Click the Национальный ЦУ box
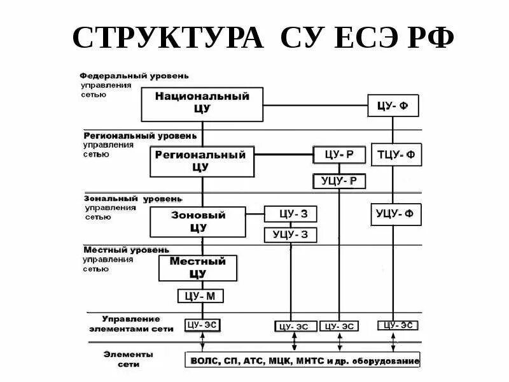point(202,104)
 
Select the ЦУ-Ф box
point(393,106)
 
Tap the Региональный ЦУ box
point(202,162)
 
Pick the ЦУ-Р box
point(338,155)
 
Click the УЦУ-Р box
point(338,181)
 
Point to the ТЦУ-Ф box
point(396,155)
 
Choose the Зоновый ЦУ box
point(198,222)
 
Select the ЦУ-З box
point(289,214)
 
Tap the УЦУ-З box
point(289,235)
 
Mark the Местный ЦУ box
point(198,268)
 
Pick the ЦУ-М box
point(201,296)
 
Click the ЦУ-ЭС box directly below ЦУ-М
point(203,325)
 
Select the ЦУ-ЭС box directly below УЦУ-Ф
point(398,325)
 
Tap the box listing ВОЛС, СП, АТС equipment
point(302,361)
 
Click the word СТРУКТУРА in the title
point(168,39)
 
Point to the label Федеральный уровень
point(135,76)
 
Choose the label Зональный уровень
point(133,199)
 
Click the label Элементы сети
point(128,359)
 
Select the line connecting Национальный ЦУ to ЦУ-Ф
point(315,105)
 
